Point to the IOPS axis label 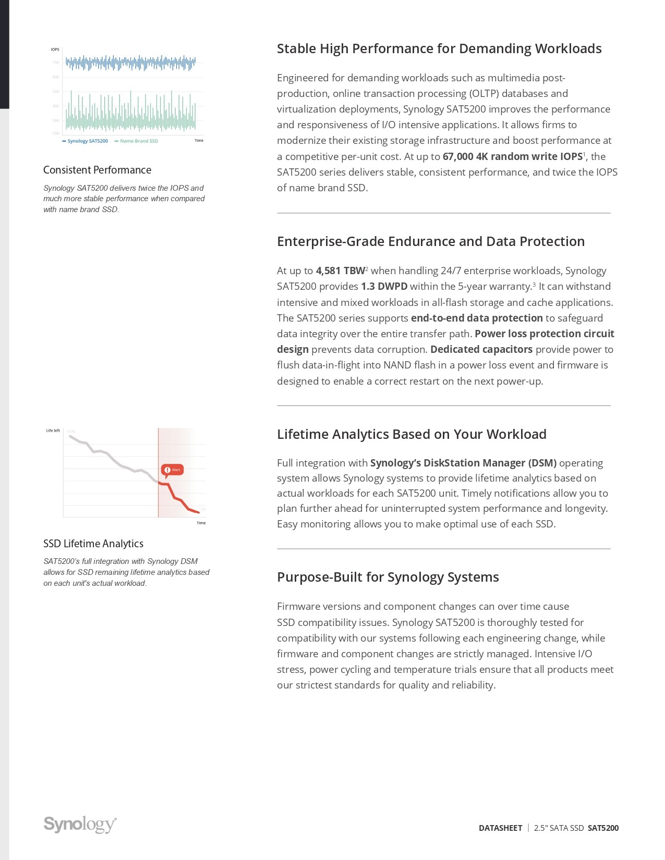55,50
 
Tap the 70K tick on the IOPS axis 56,63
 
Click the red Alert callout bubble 172,470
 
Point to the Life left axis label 53,431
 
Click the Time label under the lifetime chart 201,523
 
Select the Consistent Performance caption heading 97,170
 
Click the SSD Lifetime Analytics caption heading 93,544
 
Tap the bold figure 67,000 457,156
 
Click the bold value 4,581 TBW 340,271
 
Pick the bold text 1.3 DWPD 384,286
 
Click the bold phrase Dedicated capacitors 481,349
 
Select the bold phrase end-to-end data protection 477,318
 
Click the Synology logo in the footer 80,824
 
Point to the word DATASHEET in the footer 500,828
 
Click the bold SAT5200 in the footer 603,828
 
